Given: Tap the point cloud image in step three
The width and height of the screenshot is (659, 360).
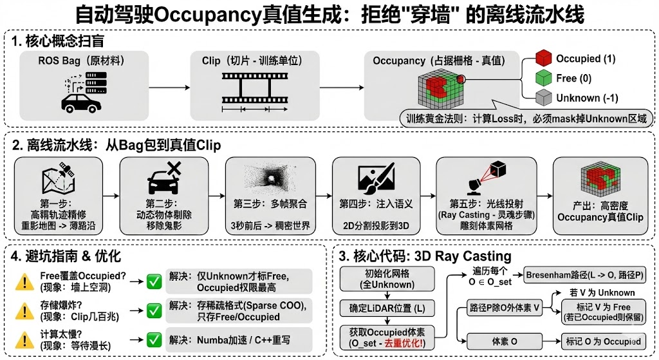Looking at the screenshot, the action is coord(271,176).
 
